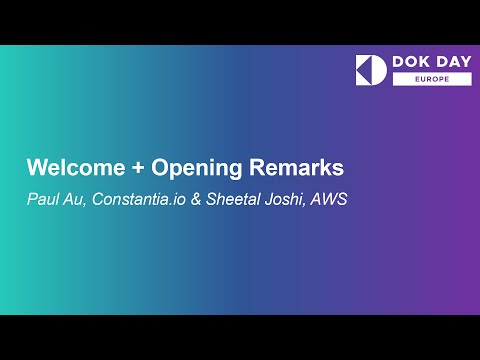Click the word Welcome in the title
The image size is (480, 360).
coord(68,166)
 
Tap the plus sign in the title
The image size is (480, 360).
coord(123,167)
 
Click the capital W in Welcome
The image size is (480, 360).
coord(35,166)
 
